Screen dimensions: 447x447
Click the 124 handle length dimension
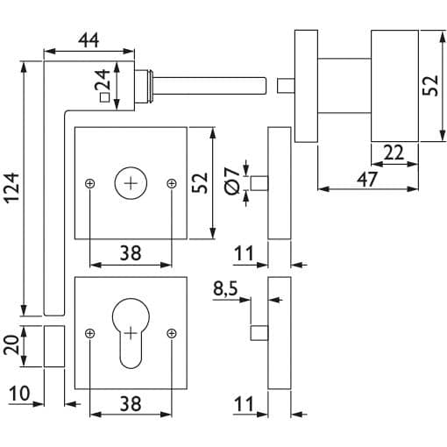[x=12, y=188]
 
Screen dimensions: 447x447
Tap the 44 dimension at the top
[x=89, y=40]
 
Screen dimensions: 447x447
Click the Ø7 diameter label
[x=232, y=181]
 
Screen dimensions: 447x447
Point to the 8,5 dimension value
[x=225, y=289]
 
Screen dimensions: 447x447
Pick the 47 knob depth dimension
[x=367, y=179]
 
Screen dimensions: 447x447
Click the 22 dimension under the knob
[x=394, y=153]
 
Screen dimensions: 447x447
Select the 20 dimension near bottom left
[x=11, y=345]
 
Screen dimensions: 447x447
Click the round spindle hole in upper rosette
[x=131, y=183]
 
